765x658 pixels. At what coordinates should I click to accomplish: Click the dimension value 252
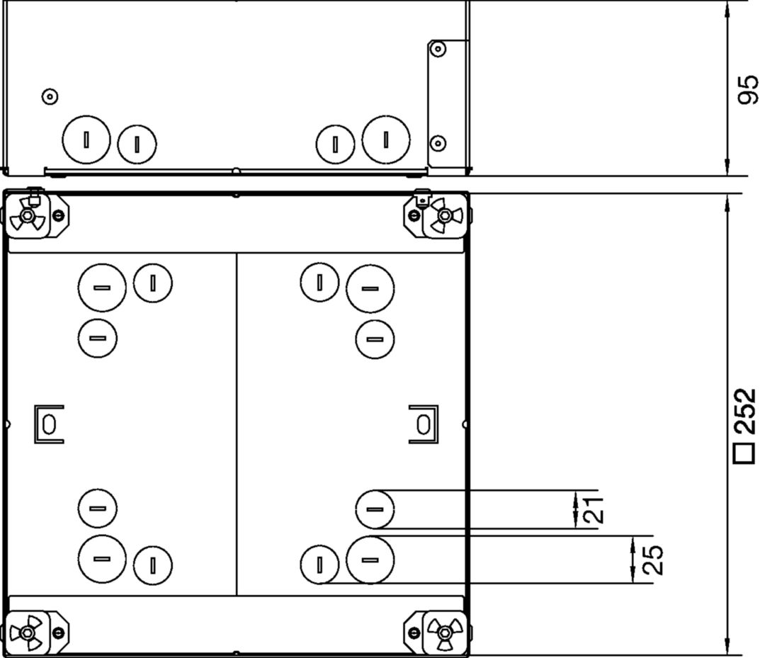tap(746, 412)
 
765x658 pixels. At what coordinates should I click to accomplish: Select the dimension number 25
tap(652, 559)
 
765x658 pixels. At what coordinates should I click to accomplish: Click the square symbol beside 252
tap(745, 453)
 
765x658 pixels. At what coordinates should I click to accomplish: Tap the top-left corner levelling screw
tap(27, 215)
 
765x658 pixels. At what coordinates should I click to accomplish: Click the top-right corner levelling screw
tap(444, 215)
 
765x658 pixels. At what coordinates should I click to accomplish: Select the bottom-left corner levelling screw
tap(26, 633)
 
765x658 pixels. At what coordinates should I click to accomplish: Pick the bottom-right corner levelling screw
tap(444, 633)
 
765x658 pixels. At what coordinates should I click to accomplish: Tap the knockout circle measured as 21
tap(375, 509)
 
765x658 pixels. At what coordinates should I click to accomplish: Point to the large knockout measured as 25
tap(370, 560)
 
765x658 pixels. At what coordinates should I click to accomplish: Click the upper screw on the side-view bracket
tap(438, 49)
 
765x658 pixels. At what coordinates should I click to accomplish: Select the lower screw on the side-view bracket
tap(438, 143)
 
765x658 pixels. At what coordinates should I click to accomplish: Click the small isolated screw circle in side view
tap(50, 96)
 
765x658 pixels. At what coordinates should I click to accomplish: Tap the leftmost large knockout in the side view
tap(86, 140)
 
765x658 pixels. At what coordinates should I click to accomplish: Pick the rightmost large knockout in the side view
tap(386, 140)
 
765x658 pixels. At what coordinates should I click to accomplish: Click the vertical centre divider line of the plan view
tap(237, 424)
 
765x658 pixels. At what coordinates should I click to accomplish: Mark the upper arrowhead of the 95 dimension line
tap(727, 8)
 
